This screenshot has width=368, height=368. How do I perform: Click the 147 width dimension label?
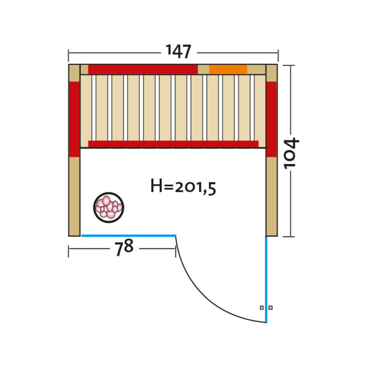point(178,52)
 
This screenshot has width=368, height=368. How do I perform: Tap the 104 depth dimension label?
point(291,154)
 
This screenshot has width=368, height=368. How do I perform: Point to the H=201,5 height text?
point(183,187)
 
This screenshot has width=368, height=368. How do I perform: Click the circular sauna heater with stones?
point(109,207)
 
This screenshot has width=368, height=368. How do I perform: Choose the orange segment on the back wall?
point(228,69)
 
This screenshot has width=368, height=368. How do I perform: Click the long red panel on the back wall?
point(143,69)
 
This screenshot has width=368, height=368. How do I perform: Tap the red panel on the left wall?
point(75,119)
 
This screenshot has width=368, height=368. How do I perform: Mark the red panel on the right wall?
point(271,119)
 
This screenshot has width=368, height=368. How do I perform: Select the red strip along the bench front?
point(173,144)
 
